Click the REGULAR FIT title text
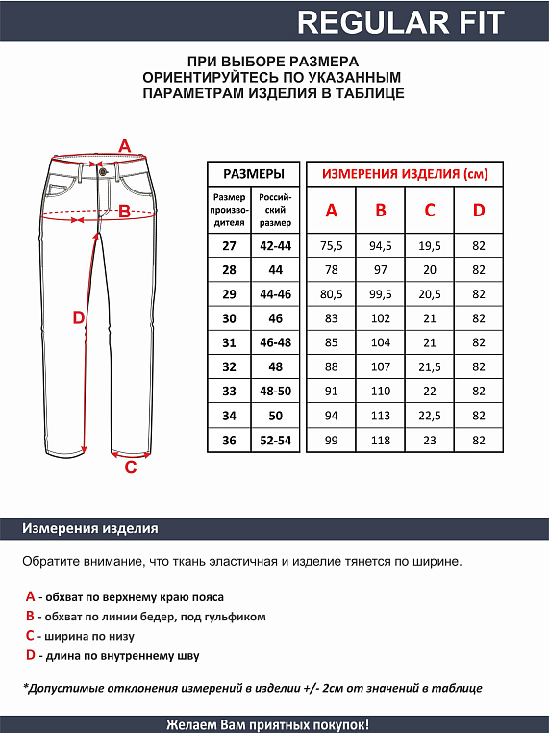pyautogui.click(x=400, y=22)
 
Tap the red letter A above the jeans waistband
pyautogui.click(x=123, y=146)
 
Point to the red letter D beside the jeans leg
pyautogui.click(x=79, y=317)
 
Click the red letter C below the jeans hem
pyautogui.click(x=131, y=468)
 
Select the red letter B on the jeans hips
pyautogui.click(x=124, y=213)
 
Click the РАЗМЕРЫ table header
pyautogui.click(x=253, y=174)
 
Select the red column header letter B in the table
pyautogui.click(x=381, y=211)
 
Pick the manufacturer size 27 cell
pyautogui.click(x=229, y=246)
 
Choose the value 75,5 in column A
pyautogui.click(x=332, y=246)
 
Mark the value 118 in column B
pyautogui.click(x=381, y=440)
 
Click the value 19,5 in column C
pyautogui.click(x=430, y=246)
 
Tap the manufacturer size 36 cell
pyautogui.click(x=229, y=440)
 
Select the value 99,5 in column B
pyautogui.click(x=381, y=294)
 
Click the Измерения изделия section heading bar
pyautogui.click(x=90, y=529)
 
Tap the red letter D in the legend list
pyautogui.click(x=31, y=655)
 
